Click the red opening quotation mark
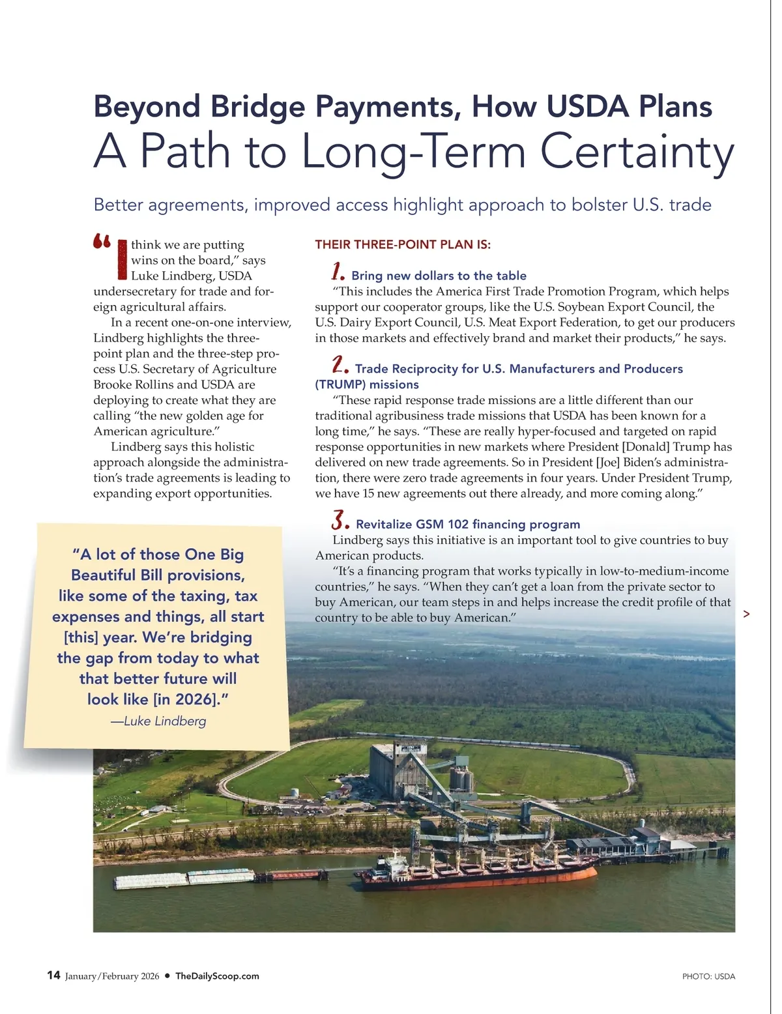pos(102,242)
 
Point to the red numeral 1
pos(338,271)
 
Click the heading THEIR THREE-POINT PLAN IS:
pos(403,244)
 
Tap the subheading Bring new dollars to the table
pos(439,276)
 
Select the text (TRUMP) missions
pos(366,384)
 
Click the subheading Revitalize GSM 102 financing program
pos(467,524)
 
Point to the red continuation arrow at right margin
pos(746,614)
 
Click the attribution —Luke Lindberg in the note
pos(158,721)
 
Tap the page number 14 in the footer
pos(53,975)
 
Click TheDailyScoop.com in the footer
pos(217,976)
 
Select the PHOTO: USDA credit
pos(708,976)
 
